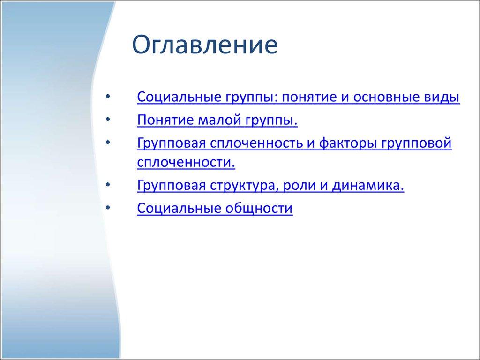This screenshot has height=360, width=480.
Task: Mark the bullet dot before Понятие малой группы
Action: pyautogui.click(x=109, y=120)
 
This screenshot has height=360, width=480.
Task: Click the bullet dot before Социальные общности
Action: pyautogui.click(x=109, y=208)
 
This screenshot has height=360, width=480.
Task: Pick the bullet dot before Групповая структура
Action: pyautogui.click(x=109, y=185)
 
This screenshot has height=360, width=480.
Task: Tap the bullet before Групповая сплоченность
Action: pyautogui.click(x=109, y=142)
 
